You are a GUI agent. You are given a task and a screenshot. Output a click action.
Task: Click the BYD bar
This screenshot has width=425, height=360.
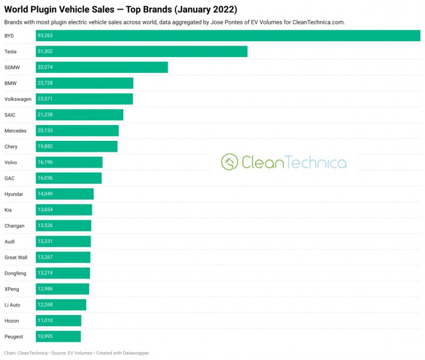coord(228,36)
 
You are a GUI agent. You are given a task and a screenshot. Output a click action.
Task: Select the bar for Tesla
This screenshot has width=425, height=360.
coord(141,52)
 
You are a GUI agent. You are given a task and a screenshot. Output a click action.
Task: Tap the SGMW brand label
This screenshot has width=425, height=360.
coord(12,67)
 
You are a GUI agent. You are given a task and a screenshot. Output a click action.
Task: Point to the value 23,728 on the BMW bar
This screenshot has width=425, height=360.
coord(46,83)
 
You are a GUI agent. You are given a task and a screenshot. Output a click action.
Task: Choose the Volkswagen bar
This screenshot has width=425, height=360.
coord(84,99)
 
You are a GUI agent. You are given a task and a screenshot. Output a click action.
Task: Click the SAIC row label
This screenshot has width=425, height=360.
coord(10,115)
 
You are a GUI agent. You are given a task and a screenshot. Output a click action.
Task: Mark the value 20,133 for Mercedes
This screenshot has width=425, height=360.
coord(46,131)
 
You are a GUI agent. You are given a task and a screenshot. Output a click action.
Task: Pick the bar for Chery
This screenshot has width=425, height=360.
coord(76,146)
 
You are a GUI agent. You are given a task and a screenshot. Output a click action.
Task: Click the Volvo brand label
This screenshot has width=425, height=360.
coord(11,162)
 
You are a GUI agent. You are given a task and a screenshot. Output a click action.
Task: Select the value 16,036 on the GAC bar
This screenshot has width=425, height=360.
coord(46,178)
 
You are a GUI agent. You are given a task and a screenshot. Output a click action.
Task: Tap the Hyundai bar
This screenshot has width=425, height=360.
coord(65,194)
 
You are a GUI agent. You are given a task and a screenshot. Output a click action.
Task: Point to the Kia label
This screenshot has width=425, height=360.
coord(8,209)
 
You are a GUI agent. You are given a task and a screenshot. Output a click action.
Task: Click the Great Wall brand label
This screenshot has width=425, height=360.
coord(16,257)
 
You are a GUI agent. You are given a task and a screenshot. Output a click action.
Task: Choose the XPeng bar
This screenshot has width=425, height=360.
coord(63,289)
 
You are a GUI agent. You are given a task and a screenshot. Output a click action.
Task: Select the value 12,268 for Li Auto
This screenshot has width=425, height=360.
coord(46,305)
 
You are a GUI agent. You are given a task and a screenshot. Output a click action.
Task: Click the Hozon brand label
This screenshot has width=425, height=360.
coord(12,321)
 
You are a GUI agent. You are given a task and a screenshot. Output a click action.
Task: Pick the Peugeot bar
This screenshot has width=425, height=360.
coord(58,336)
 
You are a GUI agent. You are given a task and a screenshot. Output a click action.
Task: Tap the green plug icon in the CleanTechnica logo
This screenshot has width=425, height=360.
coord(229,162)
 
